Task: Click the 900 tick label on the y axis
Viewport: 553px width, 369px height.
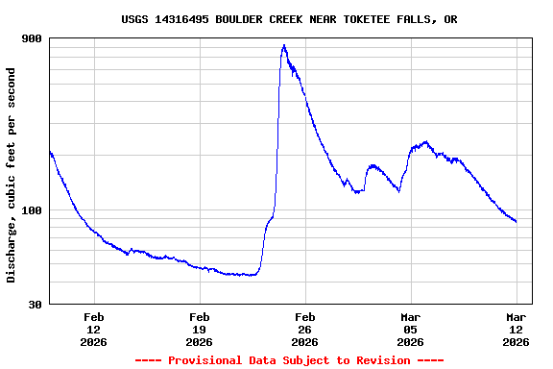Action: (32, 38)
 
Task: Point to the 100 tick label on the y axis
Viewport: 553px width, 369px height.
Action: (32, 210)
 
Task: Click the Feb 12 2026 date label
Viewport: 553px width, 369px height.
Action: (94, 330)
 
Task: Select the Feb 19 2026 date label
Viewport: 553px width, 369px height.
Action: (200, 330)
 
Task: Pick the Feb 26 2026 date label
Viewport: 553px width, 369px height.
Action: (305, 330)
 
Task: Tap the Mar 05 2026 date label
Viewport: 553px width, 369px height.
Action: (411, 330)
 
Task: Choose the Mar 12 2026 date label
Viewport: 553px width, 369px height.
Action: (517, 330)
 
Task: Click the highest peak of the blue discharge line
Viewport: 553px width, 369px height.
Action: (284, 45)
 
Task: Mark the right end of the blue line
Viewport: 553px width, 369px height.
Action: (517, 222)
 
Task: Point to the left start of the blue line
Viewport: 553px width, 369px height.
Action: (49, 152)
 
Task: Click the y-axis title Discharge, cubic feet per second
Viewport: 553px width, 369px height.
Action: (12, 175)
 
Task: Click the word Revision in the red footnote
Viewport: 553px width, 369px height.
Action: (382, 360)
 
